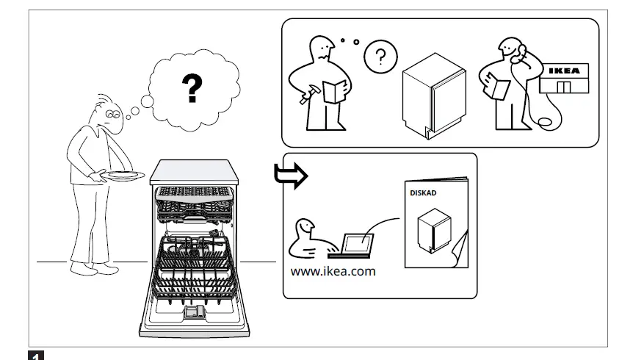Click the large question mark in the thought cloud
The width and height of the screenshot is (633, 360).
point(192,87)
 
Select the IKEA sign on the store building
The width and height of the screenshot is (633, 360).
point(563,71)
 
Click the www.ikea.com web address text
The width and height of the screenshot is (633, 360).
point(333,271)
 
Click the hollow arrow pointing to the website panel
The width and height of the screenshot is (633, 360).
point(288,176)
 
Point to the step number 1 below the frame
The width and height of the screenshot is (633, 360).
point(34,356)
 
